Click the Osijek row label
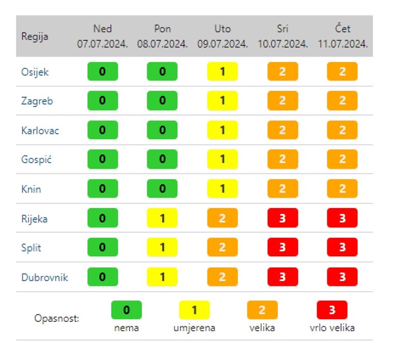(x=35, y=72)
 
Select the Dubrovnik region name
(x=44, y=277)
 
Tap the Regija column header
(x=32, y=37)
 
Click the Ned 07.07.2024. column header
(x=102, y=36)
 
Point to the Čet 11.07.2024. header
(x=342, y=36)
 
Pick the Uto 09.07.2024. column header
(x=223, y=36)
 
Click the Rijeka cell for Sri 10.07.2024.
(x=282, y=218)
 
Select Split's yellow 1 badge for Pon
(x=162, y=248)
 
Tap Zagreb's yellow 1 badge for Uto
(x=223, y=101)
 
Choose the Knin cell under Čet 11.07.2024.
(x=342, y=189)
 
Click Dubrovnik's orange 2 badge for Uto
(x=223, y=277)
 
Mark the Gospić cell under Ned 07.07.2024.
(x=102, y=160)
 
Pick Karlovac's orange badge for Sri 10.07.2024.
(x=282, y=130)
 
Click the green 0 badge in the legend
(x=127, y=310)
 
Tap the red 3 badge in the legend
(x=332, y=310)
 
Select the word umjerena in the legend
(x=194, y=327)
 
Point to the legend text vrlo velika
(x=332, y=327)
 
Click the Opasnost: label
(x=57, y=318)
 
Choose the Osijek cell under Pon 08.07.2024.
(x=162, y=72)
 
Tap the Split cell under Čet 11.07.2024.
(x=342, y=248)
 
